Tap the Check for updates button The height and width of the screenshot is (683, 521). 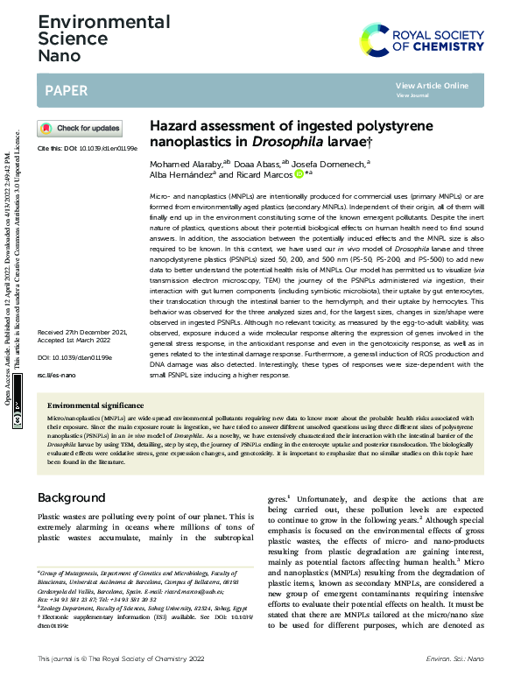tap(81, 128)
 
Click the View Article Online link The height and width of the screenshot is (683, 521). tap(432, 85)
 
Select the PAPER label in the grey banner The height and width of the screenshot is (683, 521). tap(64, 89)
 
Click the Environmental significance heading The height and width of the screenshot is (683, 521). tap(95, 406)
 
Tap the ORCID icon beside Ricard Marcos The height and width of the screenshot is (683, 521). tap(297, 174)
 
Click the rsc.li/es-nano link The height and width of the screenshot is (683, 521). tap(56, 376)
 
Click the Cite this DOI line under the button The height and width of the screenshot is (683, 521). tap(87, 149)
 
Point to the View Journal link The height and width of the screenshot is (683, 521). tap(412, 95)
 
